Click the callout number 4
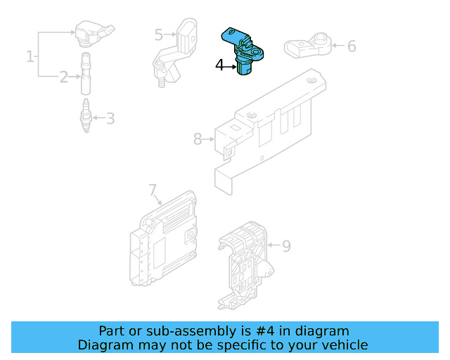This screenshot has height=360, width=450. pyautogui.click(x=219, y=65)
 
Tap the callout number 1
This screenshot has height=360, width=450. pyautogui.click(x=30, y=56)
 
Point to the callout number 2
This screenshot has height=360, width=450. pyautogui.click(x=63, y=77)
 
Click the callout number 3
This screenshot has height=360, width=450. pyautogui.click(x=110, y=118)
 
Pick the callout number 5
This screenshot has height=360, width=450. pyautogui.click(x=159, y=34)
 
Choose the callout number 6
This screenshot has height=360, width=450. pyautogui.click(x=352, y=46)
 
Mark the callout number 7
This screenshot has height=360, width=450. pyautogui.click(x=153, y=190)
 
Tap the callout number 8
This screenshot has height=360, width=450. pyautogui.click(x=198, y=139)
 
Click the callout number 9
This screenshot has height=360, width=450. pyautogui.click(x=286, y=246)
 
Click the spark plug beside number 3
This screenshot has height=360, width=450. pyautogui.click(x=86, y=115)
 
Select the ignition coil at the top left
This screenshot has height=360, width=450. pyautogui.click(x=94, y=33)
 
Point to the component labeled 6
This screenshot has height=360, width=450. pyautogui.click(x=308, y=46)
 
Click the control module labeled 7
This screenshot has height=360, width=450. pyautogui.click(x=164, y=238)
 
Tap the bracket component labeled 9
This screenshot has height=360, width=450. pyautogui.click(x=245, y=266)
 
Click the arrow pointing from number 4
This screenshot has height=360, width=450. pyautogui.click(x=230, y=67)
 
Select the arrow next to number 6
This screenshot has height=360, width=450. pyautogui.click(x=338, y=46)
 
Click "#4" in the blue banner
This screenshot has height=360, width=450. pyautogui.click(x=265, y=331)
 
